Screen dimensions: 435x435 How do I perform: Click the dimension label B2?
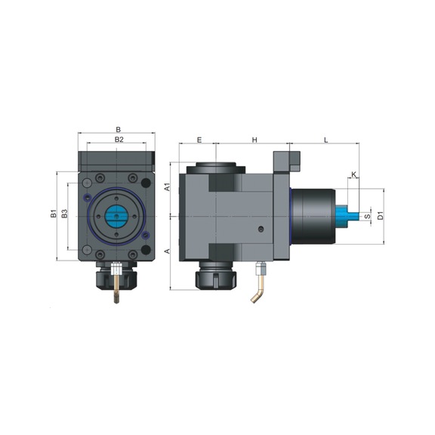(119, 140)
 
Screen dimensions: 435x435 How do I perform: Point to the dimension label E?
(199, 140)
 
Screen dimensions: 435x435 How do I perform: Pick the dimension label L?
(325, 140)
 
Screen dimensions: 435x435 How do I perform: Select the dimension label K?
(353, 175)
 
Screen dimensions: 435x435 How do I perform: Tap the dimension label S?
(367, 217)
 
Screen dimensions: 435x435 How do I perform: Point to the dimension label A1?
(167, 186)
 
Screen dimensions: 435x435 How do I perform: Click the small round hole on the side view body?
(260, 229)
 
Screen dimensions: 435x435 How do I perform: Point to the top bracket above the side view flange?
(287, 161)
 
